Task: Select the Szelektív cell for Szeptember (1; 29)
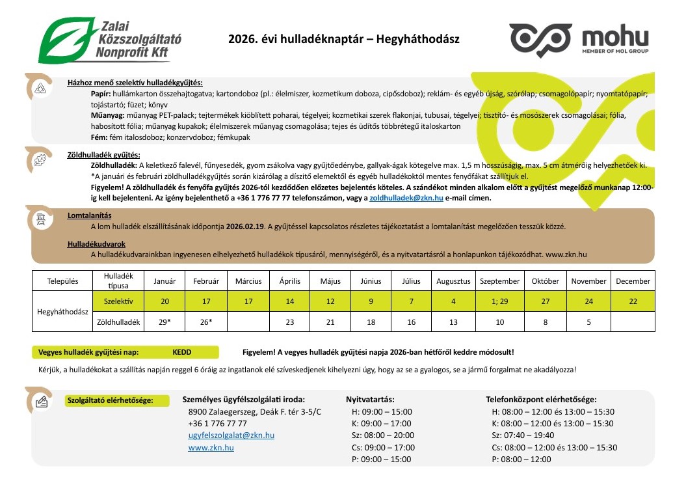499,301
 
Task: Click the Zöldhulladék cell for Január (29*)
165,322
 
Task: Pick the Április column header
289,281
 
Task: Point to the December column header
632,281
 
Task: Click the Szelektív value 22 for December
632,301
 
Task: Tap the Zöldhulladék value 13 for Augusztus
453,322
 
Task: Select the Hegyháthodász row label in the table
63,312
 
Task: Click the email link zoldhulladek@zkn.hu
406,198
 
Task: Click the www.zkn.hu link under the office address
211,448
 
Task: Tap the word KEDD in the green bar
181,352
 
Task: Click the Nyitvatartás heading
370,399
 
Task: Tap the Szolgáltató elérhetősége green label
109,400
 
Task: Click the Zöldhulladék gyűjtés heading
104,155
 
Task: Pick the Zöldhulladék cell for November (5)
588,322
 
